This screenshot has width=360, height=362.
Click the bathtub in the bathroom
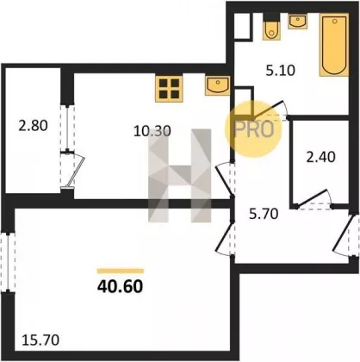(334, 45)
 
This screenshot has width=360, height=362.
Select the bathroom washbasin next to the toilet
(298, 22)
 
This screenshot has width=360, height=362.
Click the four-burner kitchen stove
(169, 89)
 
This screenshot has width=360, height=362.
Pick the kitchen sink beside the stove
(218, 85)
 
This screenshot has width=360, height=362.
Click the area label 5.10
(280, 71)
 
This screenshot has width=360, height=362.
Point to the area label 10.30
(152, 131)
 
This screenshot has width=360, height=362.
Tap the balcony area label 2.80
(33, 126)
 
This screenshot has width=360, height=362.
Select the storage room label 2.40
(320, 157)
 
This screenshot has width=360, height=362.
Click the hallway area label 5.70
(264, 214)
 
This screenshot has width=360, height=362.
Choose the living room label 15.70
(40, 340)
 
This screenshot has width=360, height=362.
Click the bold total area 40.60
(120, 286)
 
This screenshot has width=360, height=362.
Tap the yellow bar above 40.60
(121, 271)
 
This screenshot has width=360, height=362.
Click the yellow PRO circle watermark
(253, 129)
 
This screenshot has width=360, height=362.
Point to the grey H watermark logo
(180, 176)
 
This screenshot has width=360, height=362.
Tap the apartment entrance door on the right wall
(342, 235)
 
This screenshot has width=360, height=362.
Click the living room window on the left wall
(8, 263)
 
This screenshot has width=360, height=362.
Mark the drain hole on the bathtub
(334, 21)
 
